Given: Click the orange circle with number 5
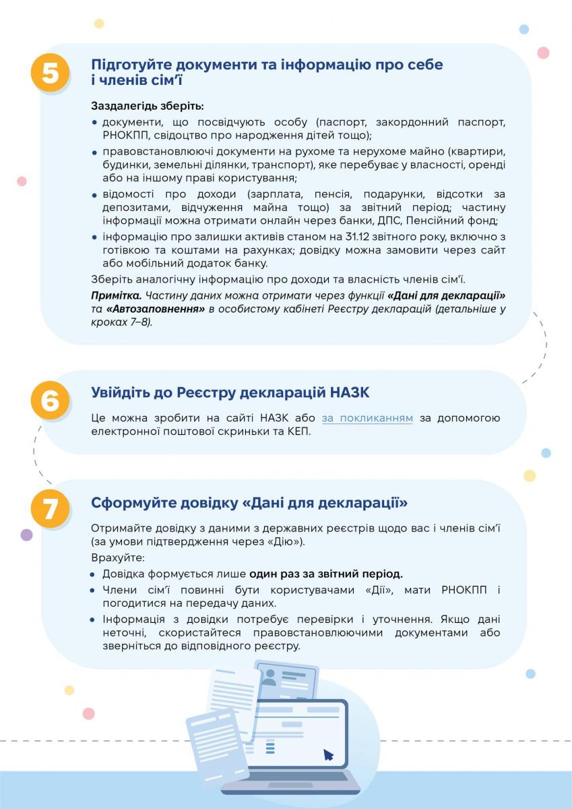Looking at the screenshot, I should pyautogui.click(x=50, y=73).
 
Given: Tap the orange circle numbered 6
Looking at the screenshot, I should pyautogui.click(x=50, y=400).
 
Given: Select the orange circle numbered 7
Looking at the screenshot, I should pyautogui.click(x=50, y=508).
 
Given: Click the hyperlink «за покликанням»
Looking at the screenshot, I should pyautogui.click(x=367, y=418).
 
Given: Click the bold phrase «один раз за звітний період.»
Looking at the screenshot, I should pyautogui.click(x=326, y=574).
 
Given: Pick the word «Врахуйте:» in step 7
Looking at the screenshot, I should pyautogui.click(x=113, y=559).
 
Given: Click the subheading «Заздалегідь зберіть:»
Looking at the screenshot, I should pyautogui.click(x=147, y=107).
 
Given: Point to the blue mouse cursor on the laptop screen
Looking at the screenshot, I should pyautogui.click(x=328, y=754).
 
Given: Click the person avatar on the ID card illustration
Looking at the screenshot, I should pyautogui.click(x=269, y=678).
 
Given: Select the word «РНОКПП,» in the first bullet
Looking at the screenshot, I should pyautogui.click(x=123, y=135).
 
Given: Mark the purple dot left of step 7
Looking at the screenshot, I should pyautogui.click(x=27, y=535).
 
